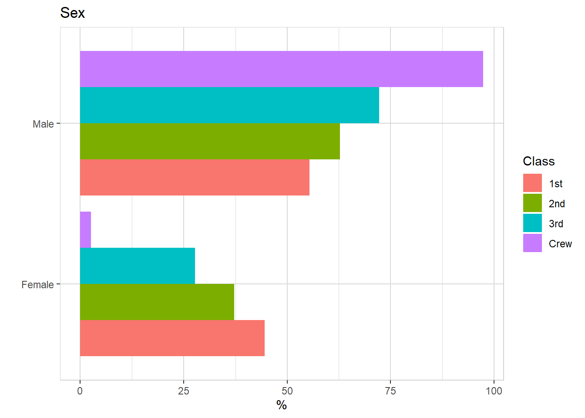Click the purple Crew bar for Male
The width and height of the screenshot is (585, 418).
281,69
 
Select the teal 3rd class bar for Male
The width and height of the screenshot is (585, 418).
229,105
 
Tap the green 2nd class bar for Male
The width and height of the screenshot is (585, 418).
210,141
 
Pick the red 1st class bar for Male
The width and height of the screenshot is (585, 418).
195,177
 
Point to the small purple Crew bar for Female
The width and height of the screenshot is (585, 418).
85,229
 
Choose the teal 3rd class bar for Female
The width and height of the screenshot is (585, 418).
138,266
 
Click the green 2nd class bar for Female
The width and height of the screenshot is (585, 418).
157,302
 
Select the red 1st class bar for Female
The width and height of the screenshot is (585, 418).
172,338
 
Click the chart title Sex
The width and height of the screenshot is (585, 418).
72,13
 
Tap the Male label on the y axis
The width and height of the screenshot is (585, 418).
43,124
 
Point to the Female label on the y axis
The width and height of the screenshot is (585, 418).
37,285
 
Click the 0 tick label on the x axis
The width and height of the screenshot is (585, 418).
80,391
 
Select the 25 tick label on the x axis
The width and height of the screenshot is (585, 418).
184,391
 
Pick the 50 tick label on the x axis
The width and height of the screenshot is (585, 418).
287,391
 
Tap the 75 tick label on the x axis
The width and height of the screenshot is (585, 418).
390,391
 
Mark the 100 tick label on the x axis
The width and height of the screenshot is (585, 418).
494,391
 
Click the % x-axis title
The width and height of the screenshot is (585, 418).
282,405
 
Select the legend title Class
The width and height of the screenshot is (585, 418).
538,161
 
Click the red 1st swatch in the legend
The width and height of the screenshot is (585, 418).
532,183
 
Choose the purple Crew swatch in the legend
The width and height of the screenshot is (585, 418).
532,243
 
